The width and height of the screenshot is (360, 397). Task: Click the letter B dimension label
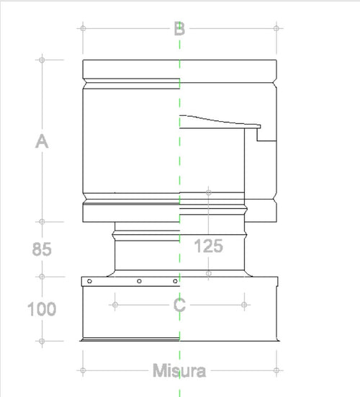(179, 29)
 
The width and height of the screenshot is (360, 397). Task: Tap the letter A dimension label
(42, 142)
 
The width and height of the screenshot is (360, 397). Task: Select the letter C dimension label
(180, 305)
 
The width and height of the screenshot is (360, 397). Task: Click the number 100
(42, 310)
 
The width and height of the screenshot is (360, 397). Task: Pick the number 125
(209, 246)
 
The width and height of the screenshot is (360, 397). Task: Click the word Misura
(179, 371)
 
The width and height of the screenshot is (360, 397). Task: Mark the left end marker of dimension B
(83, 29)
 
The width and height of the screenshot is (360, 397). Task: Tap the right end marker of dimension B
(276, 29)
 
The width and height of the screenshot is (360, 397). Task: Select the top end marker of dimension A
(42, 59)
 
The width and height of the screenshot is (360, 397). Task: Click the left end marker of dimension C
(114, 305)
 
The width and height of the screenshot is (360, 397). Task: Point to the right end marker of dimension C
(245, 305)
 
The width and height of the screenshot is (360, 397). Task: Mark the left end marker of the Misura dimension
(83, 371)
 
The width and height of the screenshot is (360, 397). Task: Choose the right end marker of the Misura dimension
(276, 371)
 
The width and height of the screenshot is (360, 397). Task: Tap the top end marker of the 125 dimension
(209, 192)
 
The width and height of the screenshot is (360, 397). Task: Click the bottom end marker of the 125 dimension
(209, 273)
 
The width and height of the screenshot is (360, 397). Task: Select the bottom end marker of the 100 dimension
(42, 341)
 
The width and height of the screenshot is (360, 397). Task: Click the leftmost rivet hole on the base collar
(89, 280)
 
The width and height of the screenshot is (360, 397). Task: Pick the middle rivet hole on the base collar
(140, 280)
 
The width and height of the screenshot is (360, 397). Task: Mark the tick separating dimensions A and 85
(42, 222)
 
